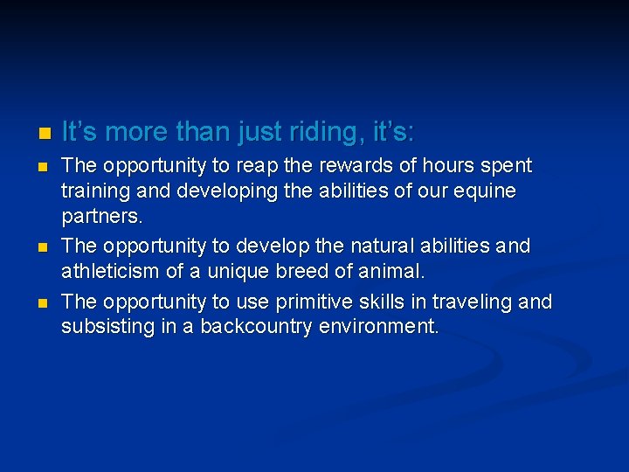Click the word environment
[x=387, y=327]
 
